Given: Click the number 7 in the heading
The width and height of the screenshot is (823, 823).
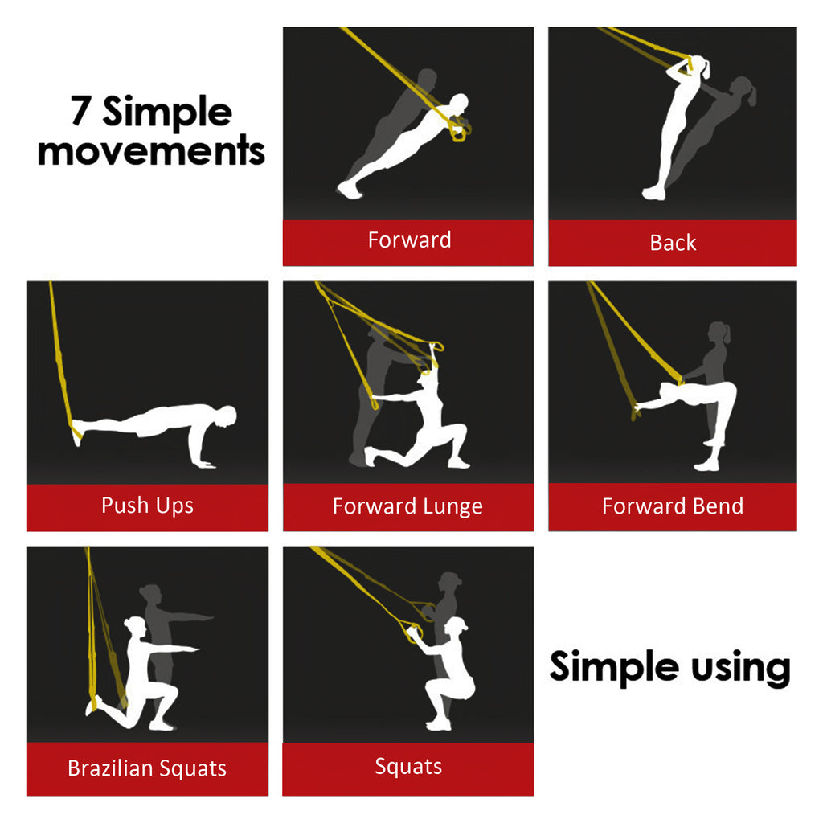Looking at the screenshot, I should coord(81,112).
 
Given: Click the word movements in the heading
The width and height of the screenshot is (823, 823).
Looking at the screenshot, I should coord(151,150).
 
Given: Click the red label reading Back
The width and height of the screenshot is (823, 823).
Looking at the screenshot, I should coord(673,243).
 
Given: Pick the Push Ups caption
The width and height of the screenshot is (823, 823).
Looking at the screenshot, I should coord(147,506).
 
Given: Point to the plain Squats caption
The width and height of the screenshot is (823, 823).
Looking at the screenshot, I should coord(408,767).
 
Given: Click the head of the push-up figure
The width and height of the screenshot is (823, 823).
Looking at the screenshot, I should coord(228,416).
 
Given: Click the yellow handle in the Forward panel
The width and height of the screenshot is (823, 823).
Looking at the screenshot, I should coord(460,132).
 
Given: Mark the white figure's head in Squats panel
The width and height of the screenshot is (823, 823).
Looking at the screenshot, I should coord(456,627).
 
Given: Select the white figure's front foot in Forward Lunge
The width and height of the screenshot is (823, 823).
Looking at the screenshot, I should coord(457,463).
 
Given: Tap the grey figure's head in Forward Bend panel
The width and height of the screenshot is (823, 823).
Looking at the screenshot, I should coord(719,333).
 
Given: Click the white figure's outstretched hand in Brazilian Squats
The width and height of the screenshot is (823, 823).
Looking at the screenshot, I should coord(194,648).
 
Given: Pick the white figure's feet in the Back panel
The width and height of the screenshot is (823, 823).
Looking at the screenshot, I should coord(653,194).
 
